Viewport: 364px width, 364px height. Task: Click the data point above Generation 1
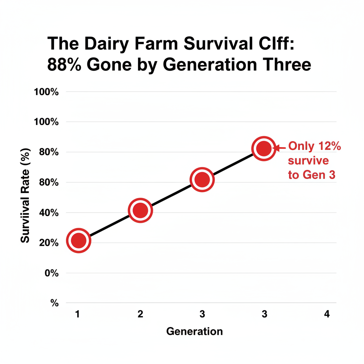click(79, 241)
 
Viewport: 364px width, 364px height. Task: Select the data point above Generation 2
click(140, 210)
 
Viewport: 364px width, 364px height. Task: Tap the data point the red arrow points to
click(264, 149)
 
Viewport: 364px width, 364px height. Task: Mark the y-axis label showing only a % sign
click(54, 303)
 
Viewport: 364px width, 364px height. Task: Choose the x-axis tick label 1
click(77, 314)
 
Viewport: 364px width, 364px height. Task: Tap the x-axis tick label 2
click(140, 314)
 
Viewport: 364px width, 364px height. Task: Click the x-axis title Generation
click(194, 332)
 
